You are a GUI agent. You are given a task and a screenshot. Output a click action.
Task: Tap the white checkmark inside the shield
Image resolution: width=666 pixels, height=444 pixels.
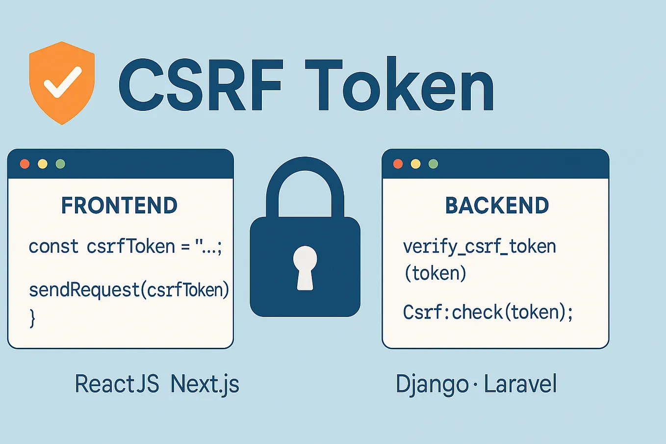pos(62,82)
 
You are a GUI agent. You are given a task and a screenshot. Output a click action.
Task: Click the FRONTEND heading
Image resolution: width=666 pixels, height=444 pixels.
pos(119,206)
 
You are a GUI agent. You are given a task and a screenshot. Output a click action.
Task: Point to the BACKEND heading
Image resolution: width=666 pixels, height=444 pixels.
pos(497,206)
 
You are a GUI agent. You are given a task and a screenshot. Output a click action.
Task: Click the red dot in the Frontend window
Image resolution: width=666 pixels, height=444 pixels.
pos(25,164)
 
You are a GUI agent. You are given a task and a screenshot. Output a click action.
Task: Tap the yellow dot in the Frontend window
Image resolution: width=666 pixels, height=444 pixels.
pos(43,164)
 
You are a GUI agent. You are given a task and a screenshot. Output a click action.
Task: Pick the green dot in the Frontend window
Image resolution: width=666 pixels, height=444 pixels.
pos(60,164)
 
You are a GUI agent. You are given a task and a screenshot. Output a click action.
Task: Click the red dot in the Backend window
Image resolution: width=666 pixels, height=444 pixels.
pos(398,164)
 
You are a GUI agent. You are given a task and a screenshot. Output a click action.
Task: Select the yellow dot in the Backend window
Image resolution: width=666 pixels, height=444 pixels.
pos(416,164)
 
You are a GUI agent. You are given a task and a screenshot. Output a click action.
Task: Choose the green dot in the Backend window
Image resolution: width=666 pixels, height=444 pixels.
pos(433,164)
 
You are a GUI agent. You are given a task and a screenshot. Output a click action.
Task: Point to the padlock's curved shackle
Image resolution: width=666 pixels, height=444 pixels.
pos(305,169)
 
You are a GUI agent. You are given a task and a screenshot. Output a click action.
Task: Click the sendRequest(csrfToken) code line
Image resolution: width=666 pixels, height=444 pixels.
pos(129,290)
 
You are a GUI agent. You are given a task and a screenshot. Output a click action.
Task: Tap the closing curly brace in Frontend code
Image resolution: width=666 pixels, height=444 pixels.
pos(32,318)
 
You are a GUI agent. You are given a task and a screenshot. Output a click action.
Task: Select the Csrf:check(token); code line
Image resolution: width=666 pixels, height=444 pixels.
pos(488,312)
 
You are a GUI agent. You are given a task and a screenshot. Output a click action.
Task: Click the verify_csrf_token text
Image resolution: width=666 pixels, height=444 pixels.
pos(479,246)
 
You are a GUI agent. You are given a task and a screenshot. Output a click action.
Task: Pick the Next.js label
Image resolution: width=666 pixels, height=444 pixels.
pos(205,384)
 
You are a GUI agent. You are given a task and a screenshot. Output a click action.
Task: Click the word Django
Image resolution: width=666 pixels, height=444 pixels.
pos(432,384)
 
